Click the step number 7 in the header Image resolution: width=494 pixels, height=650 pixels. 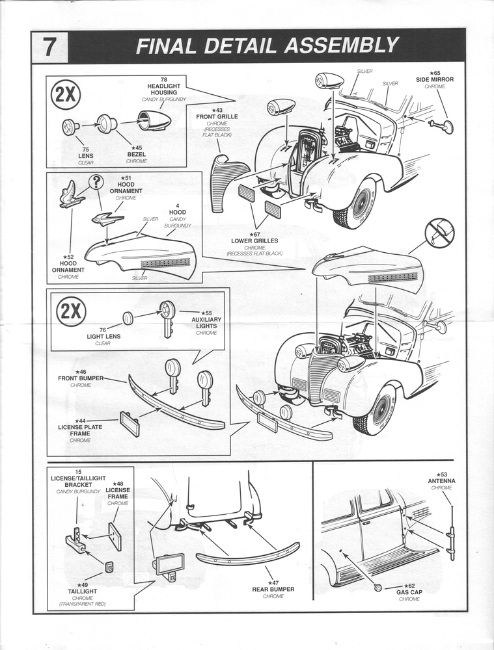coord(49,47)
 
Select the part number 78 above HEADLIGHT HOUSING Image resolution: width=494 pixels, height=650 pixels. coord(164,79)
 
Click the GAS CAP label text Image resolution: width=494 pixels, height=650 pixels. coord(411,592)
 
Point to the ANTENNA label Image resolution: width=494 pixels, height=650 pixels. coord(442,480)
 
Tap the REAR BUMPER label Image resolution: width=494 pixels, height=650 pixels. coord(273,589)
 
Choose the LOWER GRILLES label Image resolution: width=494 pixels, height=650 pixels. coord(254,240)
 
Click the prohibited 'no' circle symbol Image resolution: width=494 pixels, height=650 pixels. coord(439,233)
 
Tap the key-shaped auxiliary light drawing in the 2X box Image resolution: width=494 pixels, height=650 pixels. coord(167,317)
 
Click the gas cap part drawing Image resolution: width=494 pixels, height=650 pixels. coord(377,587)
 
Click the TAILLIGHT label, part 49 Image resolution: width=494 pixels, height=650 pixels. coord(83,591)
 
